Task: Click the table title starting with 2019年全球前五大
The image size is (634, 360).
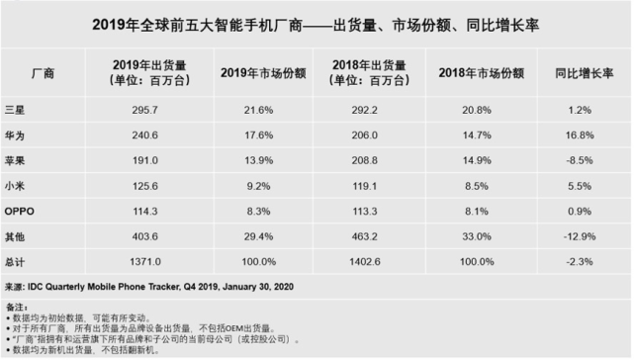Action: point(317,22)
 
